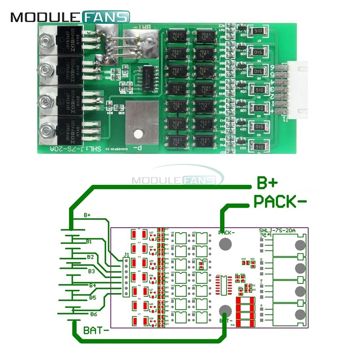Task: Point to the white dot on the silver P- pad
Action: click(140, 134)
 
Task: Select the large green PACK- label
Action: click(281, 201)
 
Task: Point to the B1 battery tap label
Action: click(90, 242)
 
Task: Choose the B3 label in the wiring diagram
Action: click(91, 271)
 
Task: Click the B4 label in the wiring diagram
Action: click(92, 285)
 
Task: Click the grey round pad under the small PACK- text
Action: click(225, 244)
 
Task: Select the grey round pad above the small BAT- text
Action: click(226, 310)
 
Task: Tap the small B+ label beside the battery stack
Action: click(88, 216)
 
